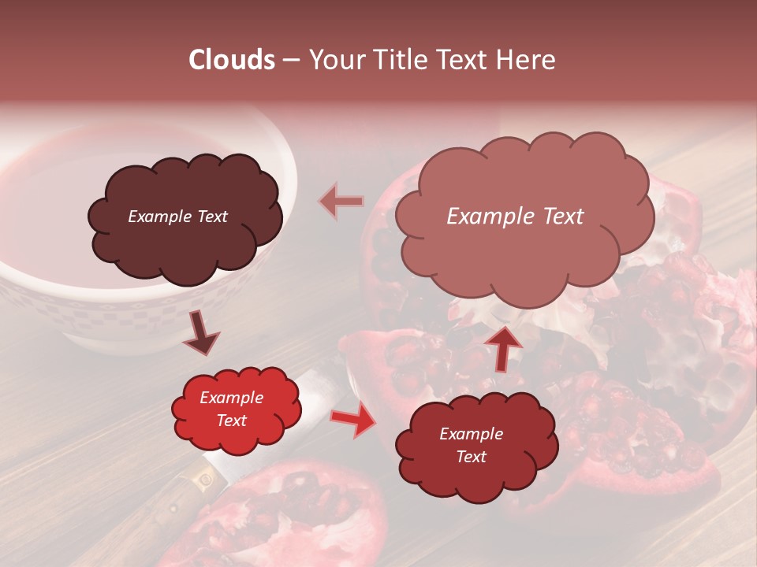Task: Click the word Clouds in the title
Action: point(232,60)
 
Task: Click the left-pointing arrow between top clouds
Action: point(341,202)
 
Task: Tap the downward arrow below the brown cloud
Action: point(201,334)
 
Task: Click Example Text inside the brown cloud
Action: point(177,217)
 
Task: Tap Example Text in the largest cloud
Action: point(515,217)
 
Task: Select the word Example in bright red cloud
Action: point(231,398)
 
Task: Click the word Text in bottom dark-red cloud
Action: point(471,457)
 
